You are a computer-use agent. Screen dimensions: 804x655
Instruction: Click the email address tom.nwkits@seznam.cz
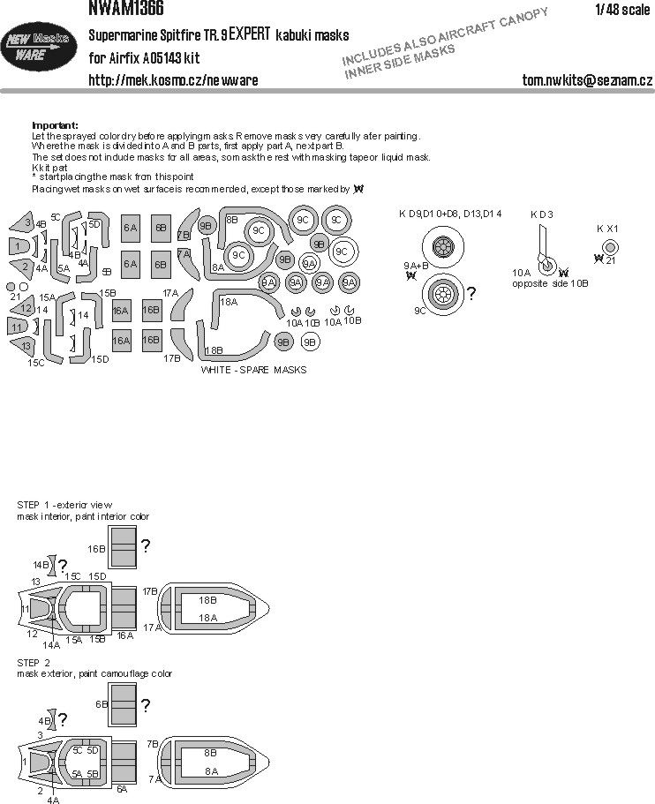tap(586, 80)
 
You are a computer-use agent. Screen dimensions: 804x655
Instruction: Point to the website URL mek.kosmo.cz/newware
tap(173, 80)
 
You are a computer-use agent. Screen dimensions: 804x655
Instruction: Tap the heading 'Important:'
tap(55, 125)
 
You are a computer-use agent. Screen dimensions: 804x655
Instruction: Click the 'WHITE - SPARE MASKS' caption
tap(253, 370)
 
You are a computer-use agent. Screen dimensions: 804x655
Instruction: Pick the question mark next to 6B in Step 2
tap(145, 704)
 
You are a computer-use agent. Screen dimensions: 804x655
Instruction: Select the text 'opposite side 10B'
tap(549, 284)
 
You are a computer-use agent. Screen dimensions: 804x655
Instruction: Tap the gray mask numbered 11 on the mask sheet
tap(17, 328)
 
